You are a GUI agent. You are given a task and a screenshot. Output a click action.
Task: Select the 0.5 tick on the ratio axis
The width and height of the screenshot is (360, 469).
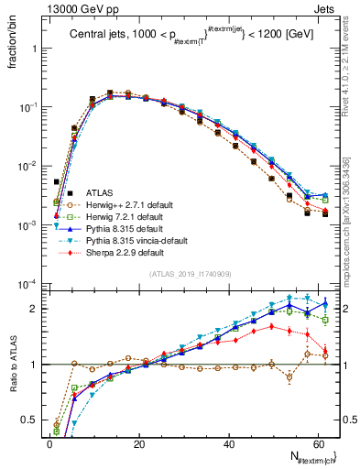click(32, 420)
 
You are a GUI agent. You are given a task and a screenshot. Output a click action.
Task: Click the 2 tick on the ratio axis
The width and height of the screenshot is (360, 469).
click(37, 309)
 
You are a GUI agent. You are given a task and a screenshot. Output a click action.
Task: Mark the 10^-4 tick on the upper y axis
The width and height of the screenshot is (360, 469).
click(30, 284)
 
